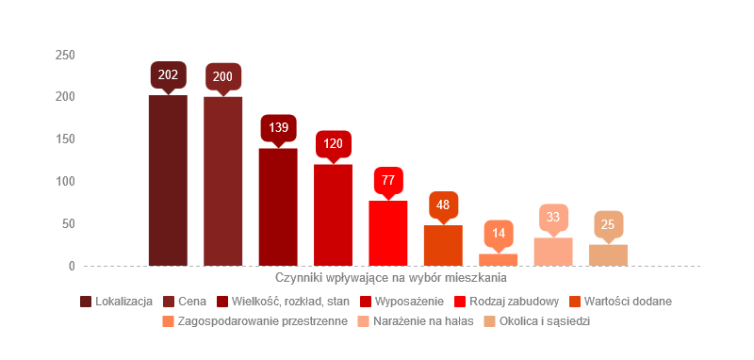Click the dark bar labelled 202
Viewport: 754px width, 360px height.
(168, 180)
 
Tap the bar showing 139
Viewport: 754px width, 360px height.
(278, 206)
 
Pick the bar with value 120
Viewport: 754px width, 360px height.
(333, 215)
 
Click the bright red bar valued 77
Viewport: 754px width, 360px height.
(387, 233)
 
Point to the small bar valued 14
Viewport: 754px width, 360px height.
(498, 259)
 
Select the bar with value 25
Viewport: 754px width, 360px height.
(608, 254)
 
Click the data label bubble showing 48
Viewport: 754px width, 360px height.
(443, 205)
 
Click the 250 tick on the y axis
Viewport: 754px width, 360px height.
(65, 55)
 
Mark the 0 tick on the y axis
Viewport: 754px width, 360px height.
(71, 266)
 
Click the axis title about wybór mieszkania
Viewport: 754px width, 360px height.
(391, 279)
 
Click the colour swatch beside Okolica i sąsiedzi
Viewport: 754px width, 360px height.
(489, 321)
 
